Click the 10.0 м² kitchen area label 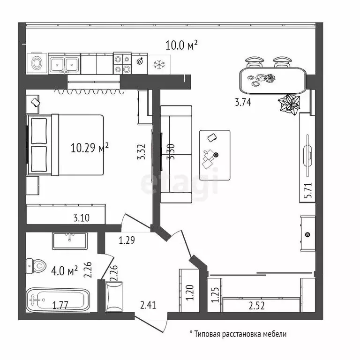[181, 45]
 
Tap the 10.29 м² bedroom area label [90, 148]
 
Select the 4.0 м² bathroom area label [65, 271]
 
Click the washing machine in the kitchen [37, 63]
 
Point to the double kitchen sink [65, 64]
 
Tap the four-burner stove [122, 63]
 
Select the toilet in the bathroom [36, 266]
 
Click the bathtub [58, 300]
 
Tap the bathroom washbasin [69, 241]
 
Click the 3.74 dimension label [243, 102]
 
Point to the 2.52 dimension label [257, 306]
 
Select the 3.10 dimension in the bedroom [82, 217]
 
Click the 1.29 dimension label [127, 240]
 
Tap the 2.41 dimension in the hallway [148, 305]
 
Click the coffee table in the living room [215, 155]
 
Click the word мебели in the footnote [275, 334]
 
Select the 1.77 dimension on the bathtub [60, 306]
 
